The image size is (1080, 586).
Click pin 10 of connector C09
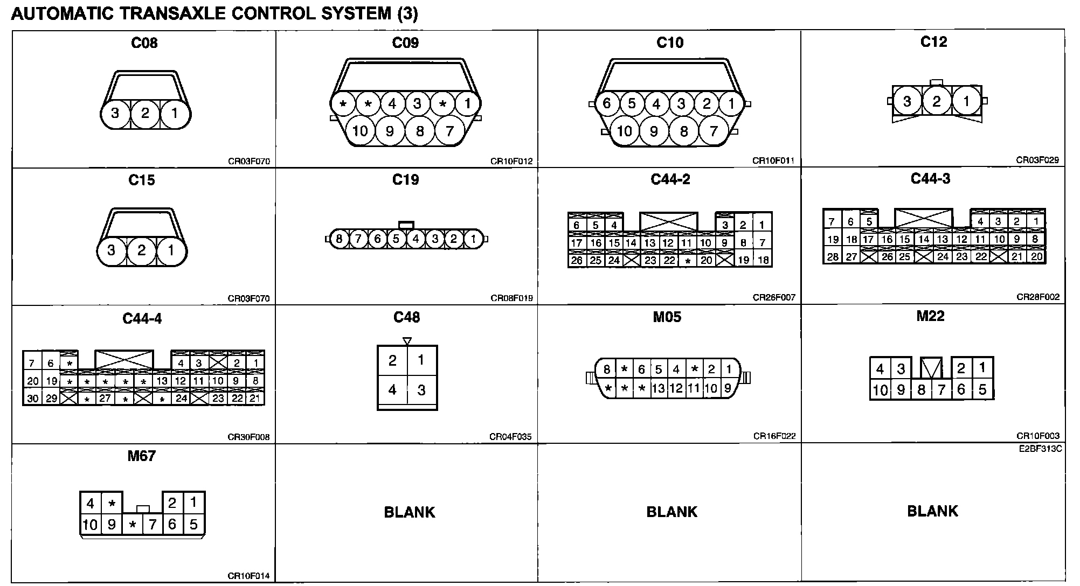(x=360, y=130)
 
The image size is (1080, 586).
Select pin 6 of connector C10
(x=607, y=103)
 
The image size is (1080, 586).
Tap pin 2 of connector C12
(x=937, y=101)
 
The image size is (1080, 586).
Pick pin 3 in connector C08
(x=115, y=113)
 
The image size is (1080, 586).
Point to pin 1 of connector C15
(x=171, y=250)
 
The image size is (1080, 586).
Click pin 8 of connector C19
(x=339, y=239)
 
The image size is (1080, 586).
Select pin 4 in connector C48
(x=392, y=389)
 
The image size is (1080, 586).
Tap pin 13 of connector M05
(x=658, y=388)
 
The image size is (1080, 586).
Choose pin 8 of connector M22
(x=922, y=389)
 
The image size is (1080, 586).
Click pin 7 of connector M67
(x=153, y=524)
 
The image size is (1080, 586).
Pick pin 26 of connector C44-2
(x=577, y=261)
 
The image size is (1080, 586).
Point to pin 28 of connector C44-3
(x=833, y=257)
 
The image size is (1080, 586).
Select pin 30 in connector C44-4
(x=32, y=399)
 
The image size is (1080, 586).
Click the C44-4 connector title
(x=142, y=318)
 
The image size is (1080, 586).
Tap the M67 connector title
(x=141, y=456)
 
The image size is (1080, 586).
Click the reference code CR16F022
(x=774, y=436)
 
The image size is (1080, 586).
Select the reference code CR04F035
(x=510, y=437)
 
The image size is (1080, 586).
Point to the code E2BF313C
(x=1041, y=449)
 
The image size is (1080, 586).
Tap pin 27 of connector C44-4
(x=105, y=399)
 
